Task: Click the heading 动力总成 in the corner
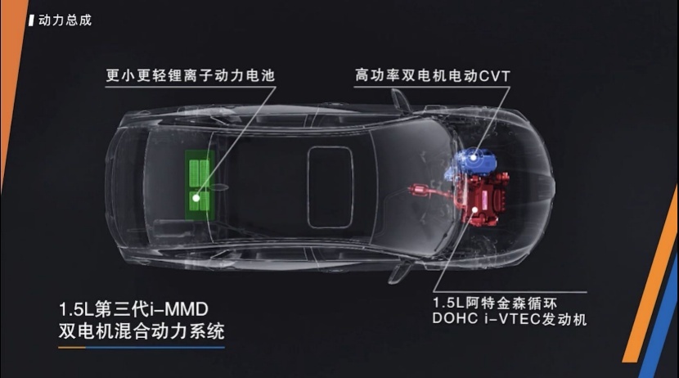click(65, 20)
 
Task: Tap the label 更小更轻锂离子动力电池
click(191, 75)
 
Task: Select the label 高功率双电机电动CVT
click(433, 76)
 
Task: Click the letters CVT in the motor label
click(495, 76)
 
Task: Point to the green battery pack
click(200, 185)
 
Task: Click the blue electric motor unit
click(472, 162)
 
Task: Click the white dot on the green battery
click(196, 198)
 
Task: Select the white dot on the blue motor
click(474, 158)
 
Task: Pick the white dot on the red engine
click(475, 209)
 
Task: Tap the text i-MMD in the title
click(179, 309)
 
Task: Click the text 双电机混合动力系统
click(142, 331)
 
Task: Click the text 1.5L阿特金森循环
click(495, 303)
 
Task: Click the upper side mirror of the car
click(401, 101)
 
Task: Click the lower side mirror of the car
click(400, 272)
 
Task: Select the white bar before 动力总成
click(31, 20)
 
